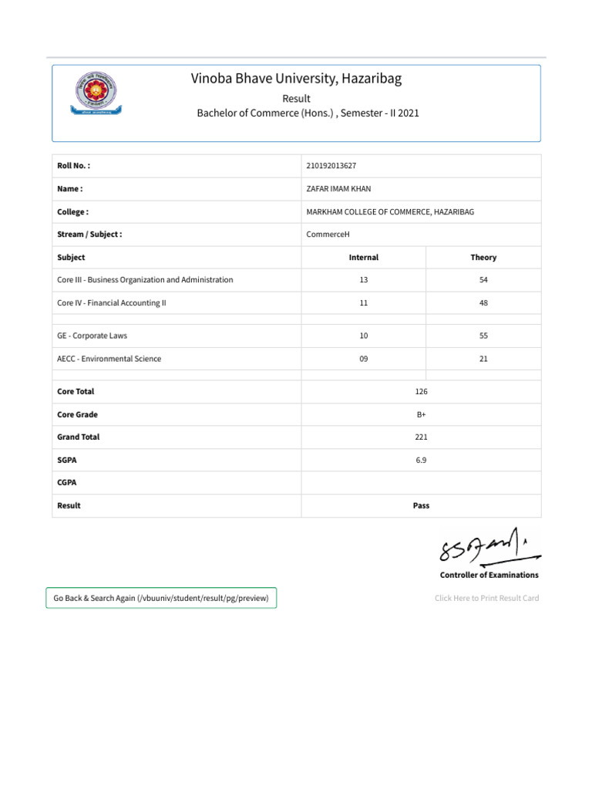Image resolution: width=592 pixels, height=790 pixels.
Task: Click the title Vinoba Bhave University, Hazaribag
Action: (x=297, y=79)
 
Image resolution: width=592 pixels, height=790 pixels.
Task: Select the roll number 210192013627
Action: (x=331, y=166)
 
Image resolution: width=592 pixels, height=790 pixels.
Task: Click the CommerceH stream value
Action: (x=328, y=235)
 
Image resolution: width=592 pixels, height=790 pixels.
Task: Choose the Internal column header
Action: (x=364, y=258)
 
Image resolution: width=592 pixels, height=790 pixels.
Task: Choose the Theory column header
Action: (x=483, y=258)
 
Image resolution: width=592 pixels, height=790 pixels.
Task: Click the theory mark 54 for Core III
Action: (x=483, y=280)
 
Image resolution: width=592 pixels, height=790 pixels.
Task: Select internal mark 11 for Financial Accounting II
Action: (x=364, y=303)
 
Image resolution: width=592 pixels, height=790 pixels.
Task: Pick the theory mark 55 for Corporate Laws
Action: (x=483, y=336)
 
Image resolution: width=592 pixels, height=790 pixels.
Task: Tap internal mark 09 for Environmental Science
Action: (x=364, y=359)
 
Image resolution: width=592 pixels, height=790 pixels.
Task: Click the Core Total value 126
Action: (x=421, y=392)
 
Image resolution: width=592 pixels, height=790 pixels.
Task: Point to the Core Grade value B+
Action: (x=421, y=414)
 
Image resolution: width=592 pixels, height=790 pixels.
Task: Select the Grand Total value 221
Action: (x=421, y=437)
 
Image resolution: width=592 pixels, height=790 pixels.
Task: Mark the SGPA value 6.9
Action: (x=421, y=460)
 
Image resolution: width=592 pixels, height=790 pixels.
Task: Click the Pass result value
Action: (x=421, y=506)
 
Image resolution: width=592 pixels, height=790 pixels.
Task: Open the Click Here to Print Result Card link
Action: (x=486, y=598)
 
